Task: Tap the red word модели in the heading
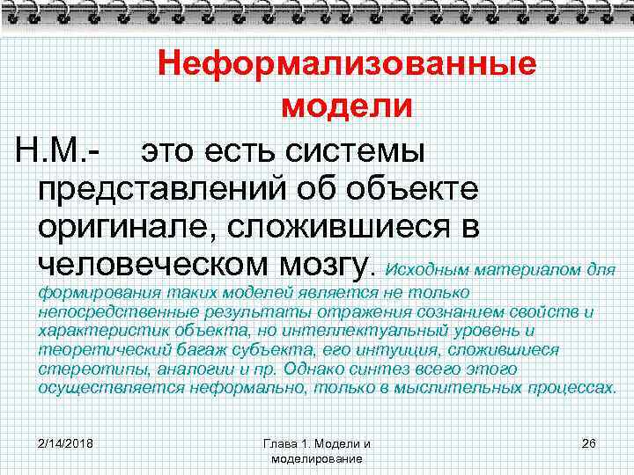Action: coord(346,106)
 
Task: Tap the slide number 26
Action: coord(589,442)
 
